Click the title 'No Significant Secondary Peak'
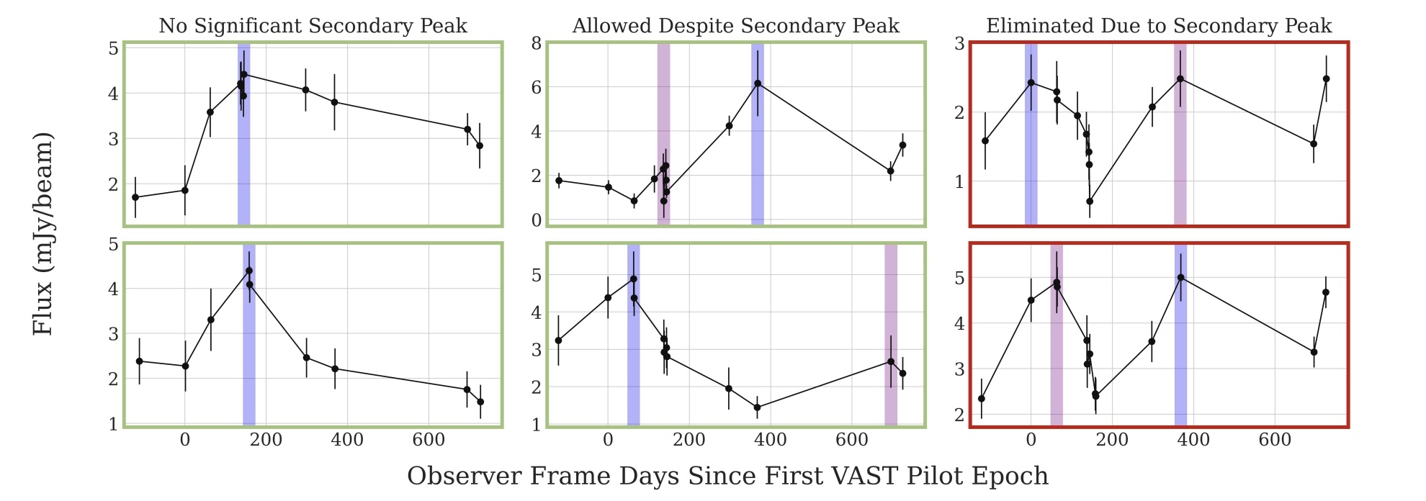(313, 27)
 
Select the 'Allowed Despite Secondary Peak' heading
(735, 27)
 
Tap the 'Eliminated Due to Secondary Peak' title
(1159, 27)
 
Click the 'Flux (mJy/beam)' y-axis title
(43, 233)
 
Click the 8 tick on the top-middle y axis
(536, 43)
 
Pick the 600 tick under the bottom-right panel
(1275, 440)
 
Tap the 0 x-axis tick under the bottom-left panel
(185, 440)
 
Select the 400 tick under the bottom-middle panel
(770, 440)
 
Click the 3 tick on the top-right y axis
(959, 43)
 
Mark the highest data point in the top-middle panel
(758, 83)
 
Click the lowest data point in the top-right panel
(1090, 202)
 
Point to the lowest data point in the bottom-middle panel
(757, 407)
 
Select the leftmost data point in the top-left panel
(135, 197)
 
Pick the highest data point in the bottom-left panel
(249, 271)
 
